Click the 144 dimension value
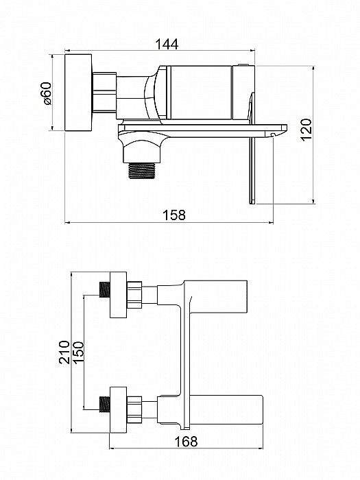pyautogui.click(x=167, y=44)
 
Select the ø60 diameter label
pyautogui.click(x=47, y=93)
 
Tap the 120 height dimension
pyautogui.click(x=307, y=130)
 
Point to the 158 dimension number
pyautogui.click(x=174, y=215)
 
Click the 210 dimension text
pyautogui.click(x=64, y=352)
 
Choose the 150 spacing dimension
pyautogui.click(x=78, y=352)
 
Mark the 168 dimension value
pyautogui.click(x=186, y=442)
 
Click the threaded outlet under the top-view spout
pyautogui.click(x=142, y=171)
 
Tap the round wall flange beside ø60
pyautogui.click(x=78, y=93)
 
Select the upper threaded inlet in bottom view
pyautogui.click(x=105, y=289)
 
